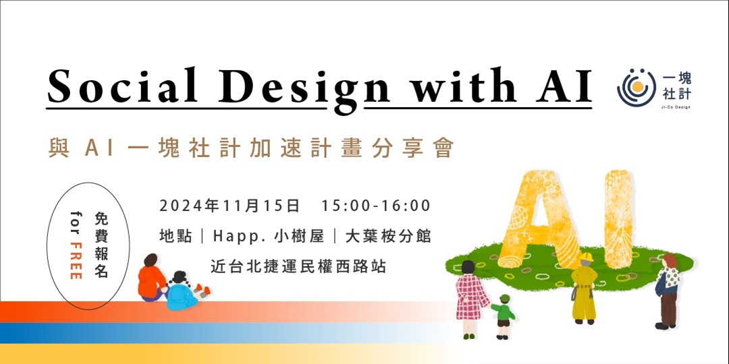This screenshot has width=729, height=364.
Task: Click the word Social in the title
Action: click(122, 86)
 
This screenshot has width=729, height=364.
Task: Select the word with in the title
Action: click(450, 86)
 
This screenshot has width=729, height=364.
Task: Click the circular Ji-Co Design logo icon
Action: click(636, 87)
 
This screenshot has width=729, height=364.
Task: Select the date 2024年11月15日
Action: click(229, 205)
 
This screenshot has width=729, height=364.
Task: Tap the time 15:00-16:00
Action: click(376, 205)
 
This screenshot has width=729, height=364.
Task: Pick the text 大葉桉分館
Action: click(388, 237)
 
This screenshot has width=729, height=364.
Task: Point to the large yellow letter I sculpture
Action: click(618, 214)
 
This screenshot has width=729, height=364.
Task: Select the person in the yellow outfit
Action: click(583, 286)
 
